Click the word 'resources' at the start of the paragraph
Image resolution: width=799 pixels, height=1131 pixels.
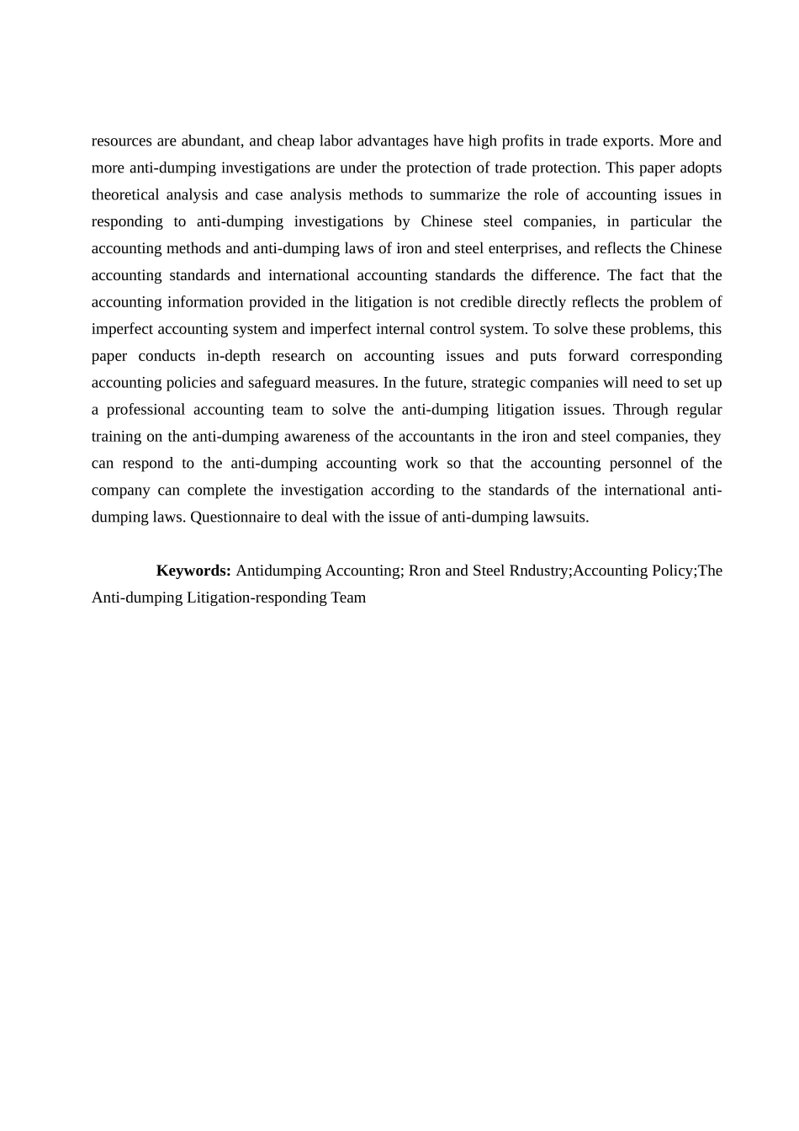pos(122,141)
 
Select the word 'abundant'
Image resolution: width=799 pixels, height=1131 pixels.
pos(214,141)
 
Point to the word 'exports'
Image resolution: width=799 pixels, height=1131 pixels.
pos(627,141)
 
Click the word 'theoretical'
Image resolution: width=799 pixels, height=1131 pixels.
pos(125,195)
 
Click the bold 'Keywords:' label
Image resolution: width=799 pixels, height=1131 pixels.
pos(193,571)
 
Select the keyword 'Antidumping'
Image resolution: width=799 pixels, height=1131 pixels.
pos(278,571)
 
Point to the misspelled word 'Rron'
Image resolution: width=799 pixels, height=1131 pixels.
pos(425,571)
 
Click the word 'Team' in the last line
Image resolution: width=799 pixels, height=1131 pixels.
pos(348,598)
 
